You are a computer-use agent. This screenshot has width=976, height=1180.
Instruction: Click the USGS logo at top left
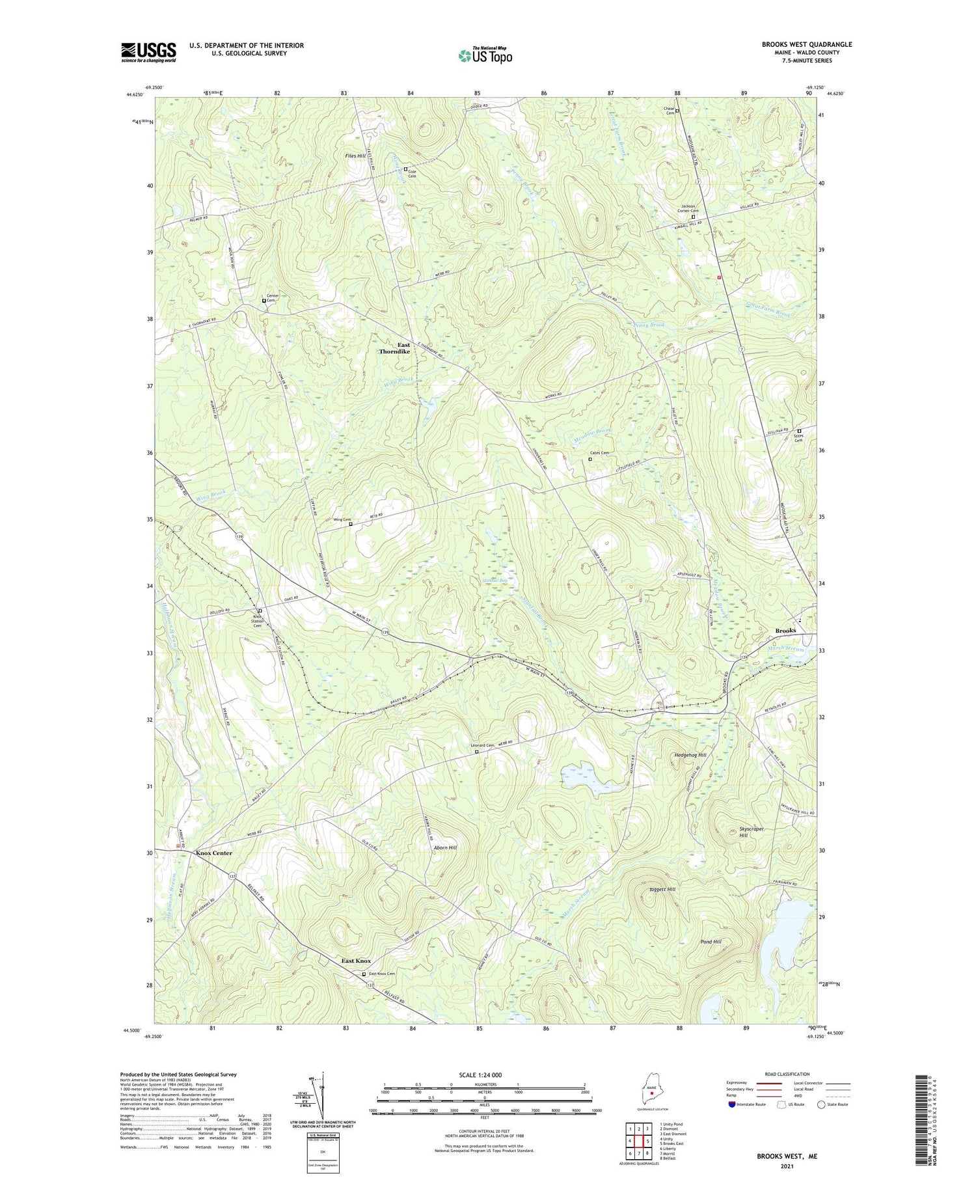148,52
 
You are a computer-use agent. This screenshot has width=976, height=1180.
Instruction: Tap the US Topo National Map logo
485,55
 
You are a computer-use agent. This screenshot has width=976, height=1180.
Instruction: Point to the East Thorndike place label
395,348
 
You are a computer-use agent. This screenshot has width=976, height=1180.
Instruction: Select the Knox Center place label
213,853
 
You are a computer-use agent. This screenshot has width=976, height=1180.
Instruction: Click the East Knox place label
357,961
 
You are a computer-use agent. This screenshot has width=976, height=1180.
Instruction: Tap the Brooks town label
785,631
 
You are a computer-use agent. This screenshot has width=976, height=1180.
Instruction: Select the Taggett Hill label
662,889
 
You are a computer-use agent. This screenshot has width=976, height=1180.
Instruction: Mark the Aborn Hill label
445,848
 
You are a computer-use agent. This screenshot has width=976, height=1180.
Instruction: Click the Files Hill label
357,156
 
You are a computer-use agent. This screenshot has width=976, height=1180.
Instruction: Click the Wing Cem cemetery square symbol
351,524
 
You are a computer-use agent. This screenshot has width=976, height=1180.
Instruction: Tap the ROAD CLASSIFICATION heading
787,1074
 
